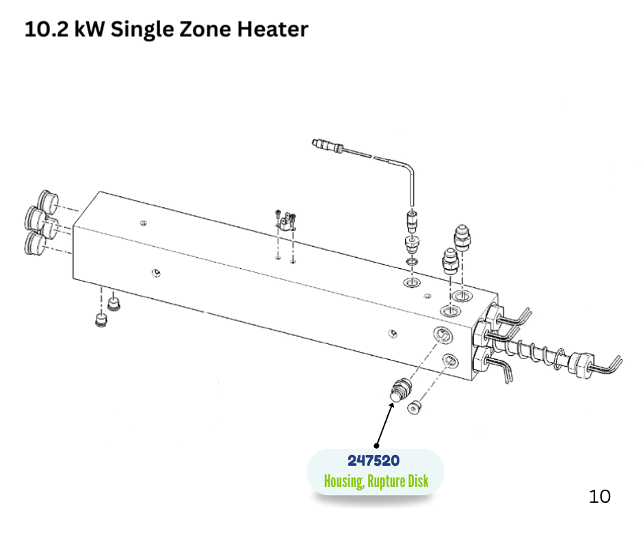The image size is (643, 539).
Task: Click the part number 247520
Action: [373, 460]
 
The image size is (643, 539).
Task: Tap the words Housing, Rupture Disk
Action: [376, 481]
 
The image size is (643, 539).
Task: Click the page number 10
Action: [599, 497]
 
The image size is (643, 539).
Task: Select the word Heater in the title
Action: [273, 29]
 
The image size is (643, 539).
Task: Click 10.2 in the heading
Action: [47, 29]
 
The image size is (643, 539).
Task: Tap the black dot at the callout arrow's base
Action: [376, 446]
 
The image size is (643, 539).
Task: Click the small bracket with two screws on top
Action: [285, 222]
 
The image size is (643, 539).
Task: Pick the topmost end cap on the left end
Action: [48, 201]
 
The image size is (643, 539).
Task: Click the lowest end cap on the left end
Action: [35, 243]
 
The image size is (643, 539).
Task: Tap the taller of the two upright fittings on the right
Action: [462, 237]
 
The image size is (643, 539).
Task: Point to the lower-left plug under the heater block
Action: [101, 320]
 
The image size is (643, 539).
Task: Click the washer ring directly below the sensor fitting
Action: [412, 262]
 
